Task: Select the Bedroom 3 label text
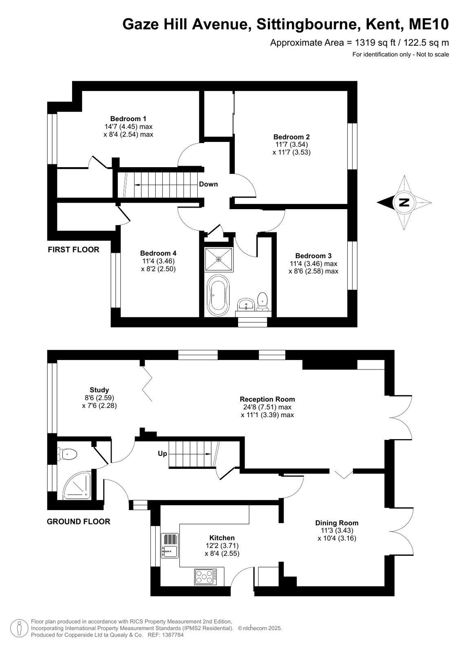coord(313,256)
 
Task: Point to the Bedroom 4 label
coord(158,253)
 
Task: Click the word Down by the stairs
coord(208,184)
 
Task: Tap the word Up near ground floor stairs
coord(162,453)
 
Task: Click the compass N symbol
coord(404,202)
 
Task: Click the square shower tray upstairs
coord(219,259)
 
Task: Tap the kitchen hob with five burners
coord(206,576)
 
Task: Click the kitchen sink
coord(170,546)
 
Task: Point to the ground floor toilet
coord(68,454)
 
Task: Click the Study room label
coord(99,390)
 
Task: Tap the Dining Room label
coord(337,523)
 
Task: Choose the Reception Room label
coord(267,399)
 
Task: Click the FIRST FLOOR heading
coord(73,250)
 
